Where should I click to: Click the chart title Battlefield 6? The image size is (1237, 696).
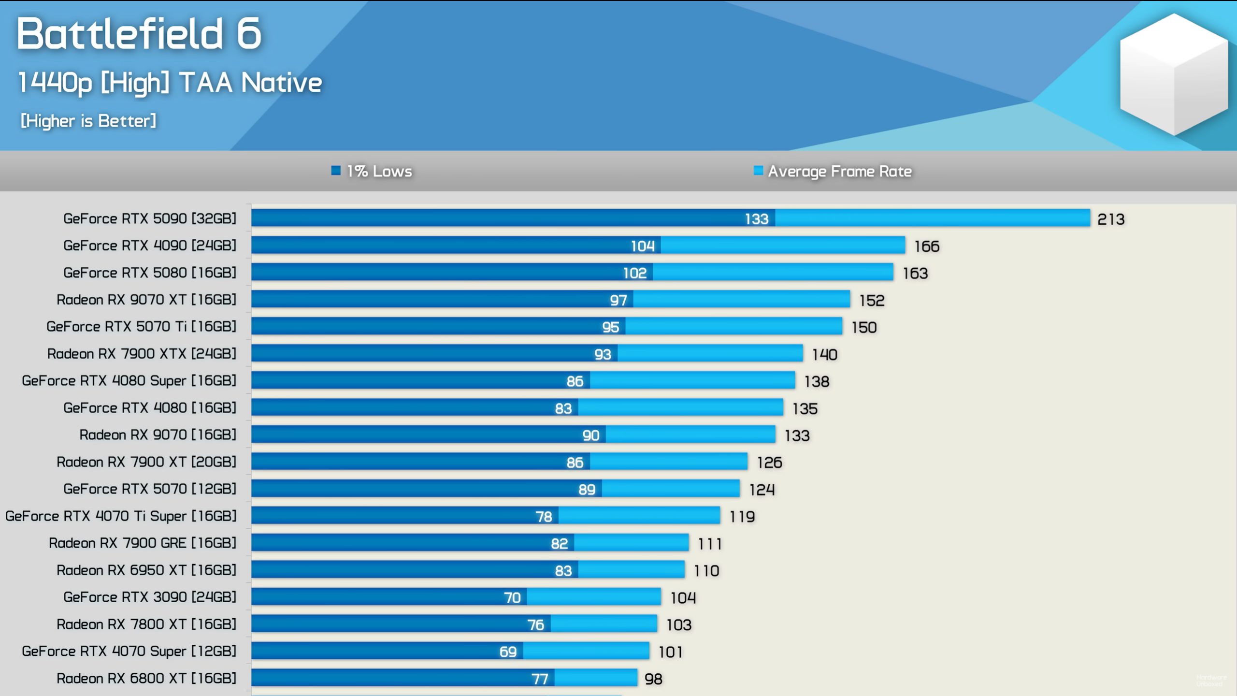(139, 34)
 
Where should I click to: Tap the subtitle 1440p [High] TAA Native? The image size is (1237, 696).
(170, 83)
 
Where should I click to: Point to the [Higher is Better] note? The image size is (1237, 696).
(88, 121)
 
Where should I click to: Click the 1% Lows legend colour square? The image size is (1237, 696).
(336, 171)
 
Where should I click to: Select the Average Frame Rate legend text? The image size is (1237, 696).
(839, 172)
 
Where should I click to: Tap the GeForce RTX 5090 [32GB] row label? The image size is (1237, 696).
(150, 218)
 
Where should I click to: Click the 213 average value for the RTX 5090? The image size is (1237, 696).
(1111, 219)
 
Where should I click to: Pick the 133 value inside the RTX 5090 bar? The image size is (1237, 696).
(756, 219)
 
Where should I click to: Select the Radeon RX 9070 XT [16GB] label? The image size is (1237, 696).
(146, 300)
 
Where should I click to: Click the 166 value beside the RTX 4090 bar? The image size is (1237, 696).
(927, 246)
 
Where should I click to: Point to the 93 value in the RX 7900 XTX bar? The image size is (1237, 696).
(603, 354)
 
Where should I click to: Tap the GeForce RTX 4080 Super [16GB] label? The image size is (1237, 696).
(129, 381)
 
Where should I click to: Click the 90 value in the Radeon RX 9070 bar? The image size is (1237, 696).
(590, 435)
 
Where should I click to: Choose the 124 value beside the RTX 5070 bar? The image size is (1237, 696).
(762, 490)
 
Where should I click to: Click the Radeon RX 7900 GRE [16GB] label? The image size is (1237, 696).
(143, 543)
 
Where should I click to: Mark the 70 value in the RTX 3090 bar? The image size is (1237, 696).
(512, 598)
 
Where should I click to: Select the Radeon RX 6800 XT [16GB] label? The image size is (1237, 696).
(146, 679)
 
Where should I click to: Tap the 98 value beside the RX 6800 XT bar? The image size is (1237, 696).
(653, 679)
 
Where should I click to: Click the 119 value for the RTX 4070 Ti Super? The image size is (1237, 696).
(742, 517)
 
